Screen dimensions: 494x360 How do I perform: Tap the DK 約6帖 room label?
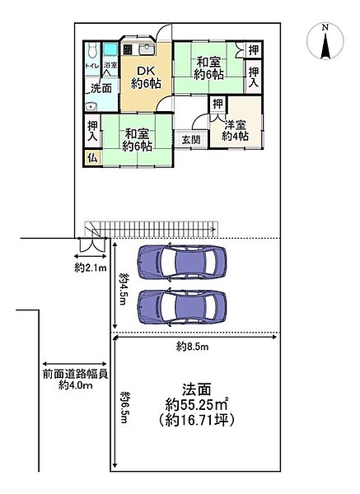pyautogui.click(x=146, y=77)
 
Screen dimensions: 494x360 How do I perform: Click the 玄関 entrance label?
pyautogui.click(x=190, y=140)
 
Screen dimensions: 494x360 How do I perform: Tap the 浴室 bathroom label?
pyautogui.click(x=110, y=65)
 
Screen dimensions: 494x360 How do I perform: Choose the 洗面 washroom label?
pyautogui.click(x=101, y=87)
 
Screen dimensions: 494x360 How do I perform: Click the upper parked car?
pyautogui.click(x=181, y=263)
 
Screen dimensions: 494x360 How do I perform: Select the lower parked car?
pyautogui.click(x=181, y=306)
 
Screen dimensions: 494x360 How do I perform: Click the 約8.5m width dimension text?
pyautogui.click(x=193, y=347)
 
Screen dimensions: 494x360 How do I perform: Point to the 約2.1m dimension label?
pyautogui.click(x=89, y=268)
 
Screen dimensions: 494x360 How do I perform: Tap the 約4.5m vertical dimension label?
pyautogui.click(x=123, y=288)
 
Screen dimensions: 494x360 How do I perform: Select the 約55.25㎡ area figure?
pyautogui.click(x=196, y=404)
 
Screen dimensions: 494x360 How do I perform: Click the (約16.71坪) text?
pyautogui.click(x=196, y=421)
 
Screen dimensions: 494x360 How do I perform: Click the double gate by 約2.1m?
pyautogui.click(x=90, y=245)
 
